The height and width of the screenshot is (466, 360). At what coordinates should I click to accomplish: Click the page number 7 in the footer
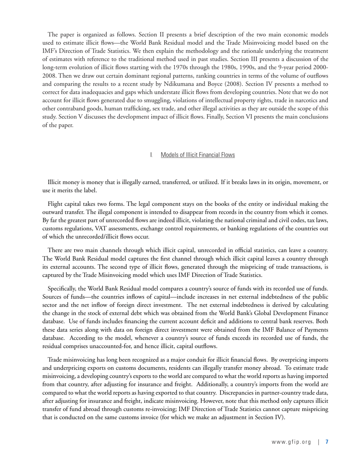tap(327, 442)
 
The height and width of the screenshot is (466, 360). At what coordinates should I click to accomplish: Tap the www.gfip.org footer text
tap(291, 442)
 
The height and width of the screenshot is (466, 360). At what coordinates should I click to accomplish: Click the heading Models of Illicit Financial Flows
tap(197, 155)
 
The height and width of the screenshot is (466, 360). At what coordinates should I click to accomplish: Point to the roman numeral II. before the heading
tap(152, 155)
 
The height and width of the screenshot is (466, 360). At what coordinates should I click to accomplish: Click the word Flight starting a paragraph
tap(56, 204)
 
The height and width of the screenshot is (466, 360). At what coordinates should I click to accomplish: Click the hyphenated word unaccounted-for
tap(111, 346)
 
